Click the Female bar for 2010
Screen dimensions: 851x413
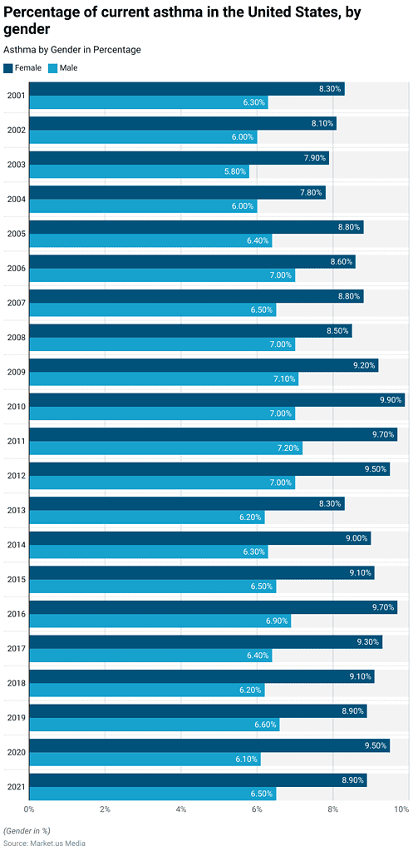[x=216, y=400]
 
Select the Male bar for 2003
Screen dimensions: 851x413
[x=139, y=171]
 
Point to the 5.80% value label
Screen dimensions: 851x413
[x=234, y=171]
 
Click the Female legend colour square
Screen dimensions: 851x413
[x=8, y=67]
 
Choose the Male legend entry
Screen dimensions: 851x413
[x=62, y=67]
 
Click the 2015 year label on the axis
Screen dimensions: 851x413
[x=15, y=579]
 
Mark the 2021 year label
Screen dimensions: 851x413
[x=15, y=787]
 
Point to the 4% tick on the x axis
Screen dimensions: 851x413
[x=181, y=809]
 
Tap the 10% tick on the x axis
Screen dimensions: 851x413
[x=401, y=809]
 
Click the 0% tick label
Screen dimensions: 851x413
[x=29, y=809]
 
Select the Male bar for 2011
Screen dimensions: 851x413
[x=165, y=448]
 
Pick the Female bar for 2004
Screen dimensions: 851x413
[x=177, y=192]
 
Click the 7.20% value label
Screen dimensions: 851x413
[x=287, y=448]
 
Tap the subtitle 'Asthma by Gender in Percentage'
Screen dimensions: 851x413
[x=72, y=50]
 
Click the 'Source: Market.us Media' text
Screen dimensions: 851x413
[x=44, y=843]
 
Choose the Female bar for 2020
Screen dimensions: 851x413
[x=209, y=745]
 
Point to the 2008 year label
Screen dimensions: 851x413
[x=15, y=337]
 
